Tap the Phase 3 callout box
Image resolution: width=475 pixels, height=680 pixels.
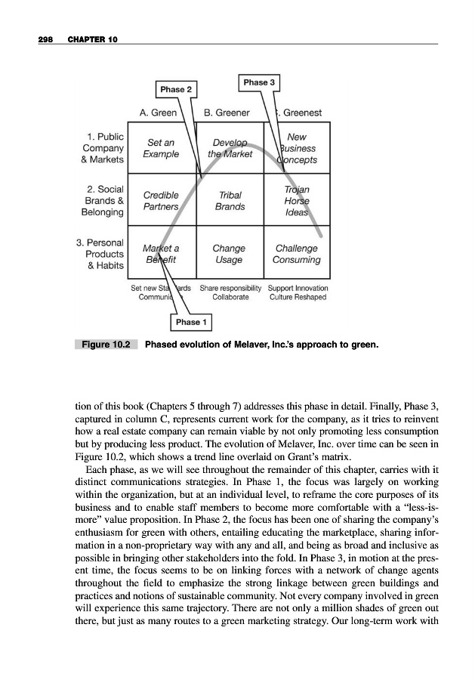[x=261, y=82]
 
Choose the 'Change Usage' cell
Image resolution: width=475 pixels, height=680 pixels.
[x=229, y=254]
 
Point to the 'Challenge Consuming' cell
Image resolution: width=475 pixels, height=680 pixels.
[x=297, y=254]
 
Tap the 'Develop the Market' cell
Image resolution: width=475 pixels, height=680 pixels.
[x=229, y=147]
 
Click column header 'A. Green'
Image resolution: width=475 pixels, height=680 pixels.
[x=159, y=113]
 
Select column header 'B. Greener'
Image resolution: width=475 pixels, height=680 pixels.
[x=226, y=113]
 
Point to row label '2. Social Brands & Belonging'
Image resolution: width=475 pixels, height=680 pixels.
[x=105, y=199]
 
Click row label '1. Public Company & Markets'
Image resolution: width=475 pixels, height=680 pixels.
[x=105, y=147]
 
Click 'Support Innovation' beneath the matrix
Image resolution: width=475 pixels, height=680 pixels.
[x=298, y=288]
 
